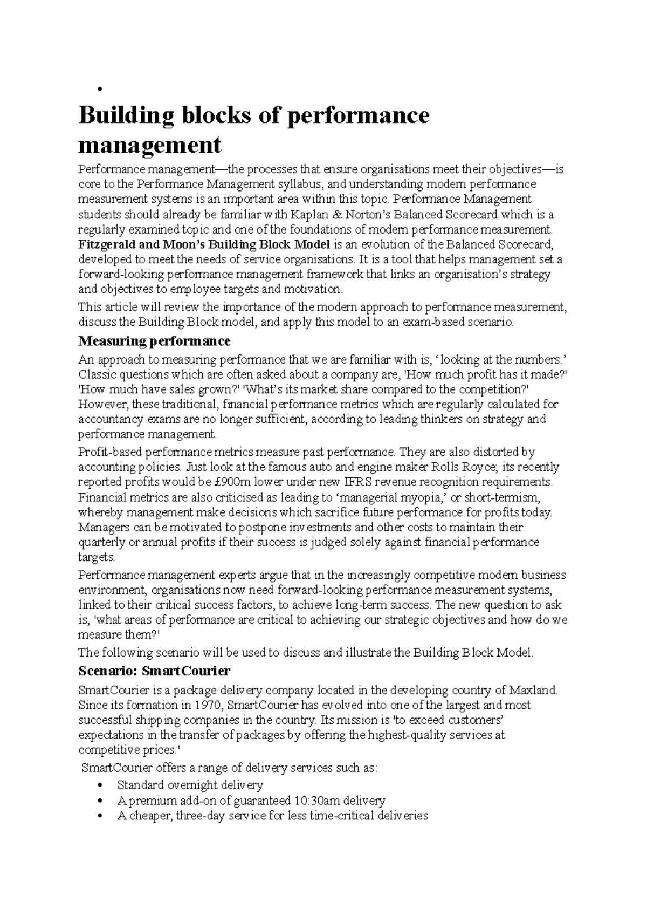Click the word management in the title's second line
point(150,145)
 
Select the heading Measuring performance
point(154,341)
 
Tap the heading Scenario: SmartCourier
point(154,671)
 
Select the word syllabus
point(300,184)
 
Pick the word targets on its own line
point(96,557)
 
